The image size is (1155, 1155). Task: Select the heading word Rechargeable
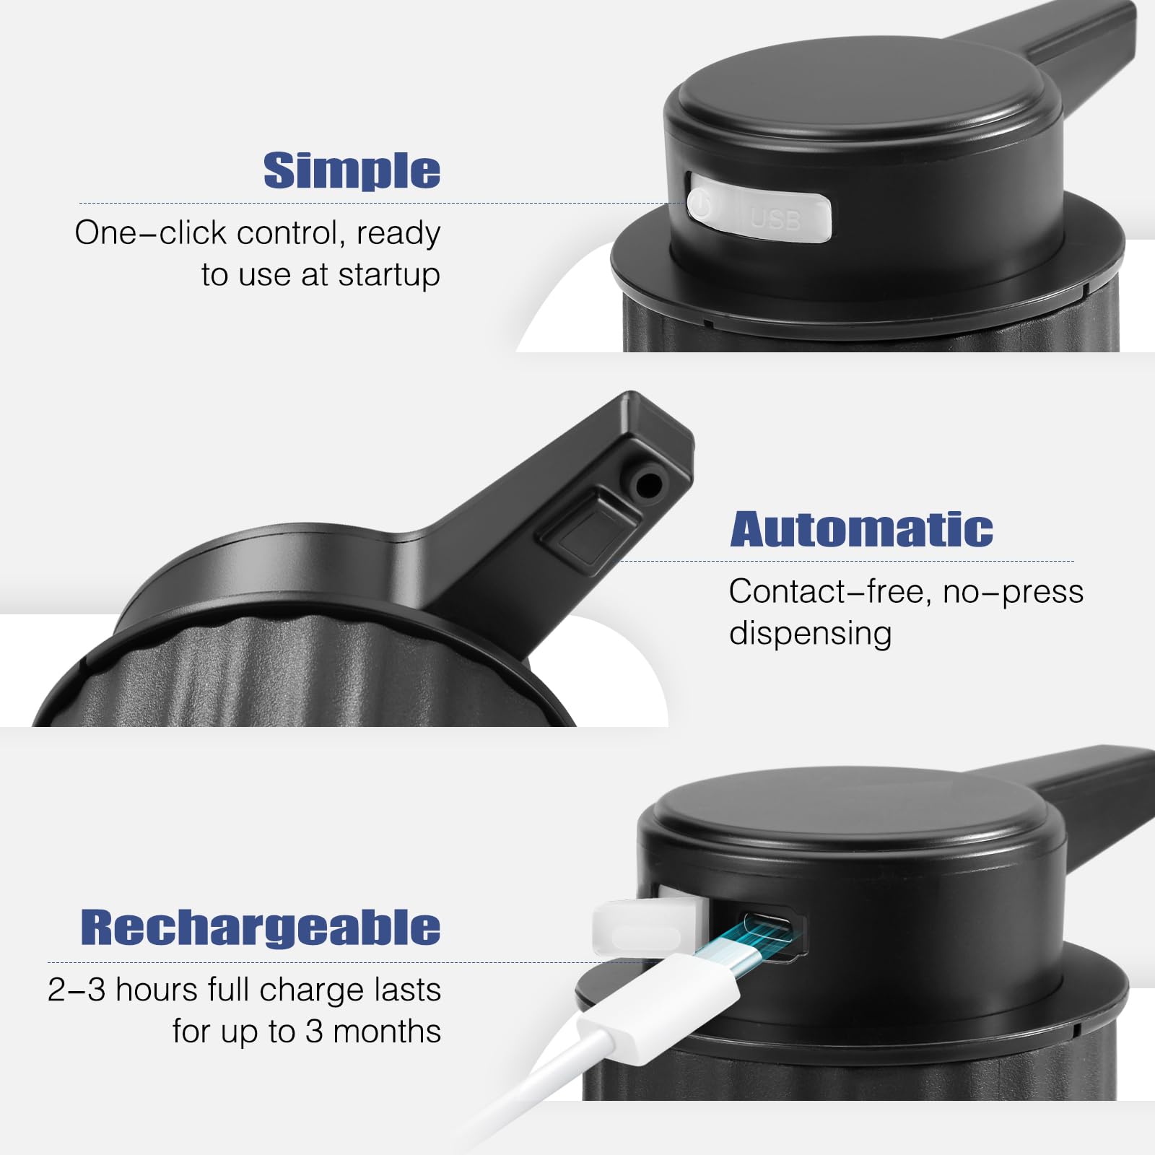[260, 927]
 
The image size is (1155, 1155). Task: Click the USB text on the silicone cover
[776, 218]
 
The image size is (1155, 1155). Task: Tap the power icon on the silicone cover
[699, 204]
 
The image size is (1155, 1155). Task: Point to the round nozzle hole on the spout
[648, 484]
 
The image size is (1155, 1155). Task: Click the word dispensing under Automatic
[810, 633]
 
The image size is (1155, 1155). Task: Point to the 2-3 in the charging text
[77, 990]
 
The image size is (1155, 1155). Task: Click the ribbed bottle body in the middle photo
[303, 679]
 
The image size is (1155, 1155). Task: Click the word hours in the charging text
[156, 990]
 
